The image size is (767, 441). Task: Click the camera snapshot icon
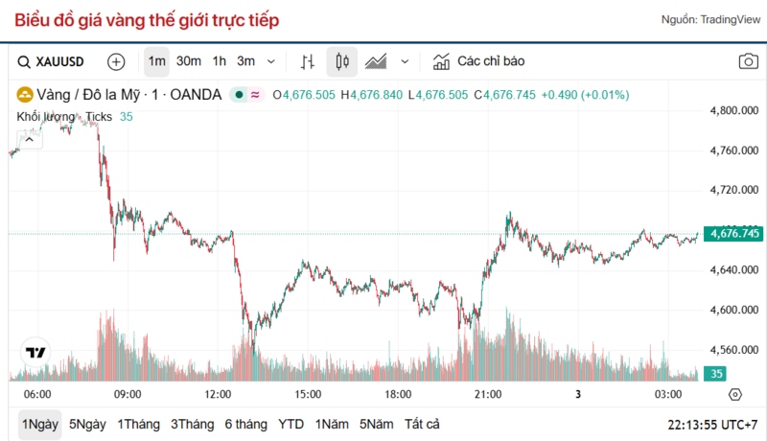click(x=748, y=61)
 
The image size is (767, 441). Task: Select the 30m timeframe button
click(x=189, y=61)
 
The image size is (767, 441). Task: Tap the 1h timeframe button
click(x=220, y=61)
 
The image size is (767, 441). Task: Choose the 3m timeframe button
click(x=246, y=61)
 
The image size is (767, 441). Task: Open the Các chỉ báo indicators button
click(x=479, y=61)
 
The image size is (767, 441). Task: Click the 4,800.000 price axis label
click(x=733, y=110)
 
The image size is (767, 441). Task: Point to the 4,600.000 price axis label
click(x=733, y=310)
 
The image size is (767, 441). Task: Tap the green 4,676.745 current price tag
click(x=732, y=233)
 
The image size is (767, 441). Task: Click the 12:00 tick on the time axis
click(x=218, y=394)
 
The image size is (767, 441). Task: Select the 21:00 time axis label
click(x=488, y=394)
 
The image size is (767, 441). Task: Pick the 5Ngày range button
click(x=87, y=424)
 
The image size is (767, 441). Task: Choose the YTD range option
click(x=291, y=424)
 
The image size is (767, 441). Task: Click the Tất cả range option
click(x=422, y=424)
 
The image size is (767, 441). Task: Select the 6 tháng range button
click(x=246, y=424)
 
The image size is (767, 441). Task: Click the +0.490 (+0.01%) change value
click(x=585, y=95)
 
